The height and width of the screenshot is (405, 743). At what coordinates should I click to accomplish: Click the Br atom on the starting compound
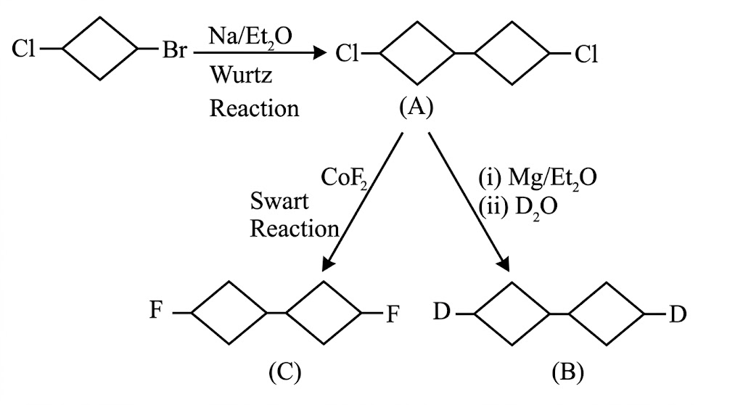tap(175, 50)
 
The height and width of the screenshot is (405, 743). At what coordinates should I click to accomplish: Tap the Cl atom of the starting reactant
tap(24, 49)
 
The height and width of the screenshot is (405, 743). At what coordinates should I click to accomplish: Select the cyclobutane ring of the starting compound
tap(100, 49)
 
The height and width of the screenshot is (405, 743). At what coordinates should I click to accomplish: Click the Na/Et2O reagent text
tap(250, 36)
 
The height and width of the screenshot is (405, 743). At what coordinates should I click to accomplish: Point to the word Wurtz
tap(241, 75)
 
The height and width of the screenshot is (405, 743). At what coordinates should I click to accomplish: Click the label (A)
tap(416, 107)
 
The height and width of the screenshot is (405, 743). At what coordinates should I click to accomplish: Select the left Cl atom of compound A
tap(348, 54)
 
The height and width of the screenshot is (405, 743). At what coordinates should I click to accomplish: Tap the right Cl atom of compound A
tap(586, 54)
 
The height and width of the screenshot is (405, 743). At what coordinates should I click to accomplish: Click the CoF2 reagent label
tap(345, 178)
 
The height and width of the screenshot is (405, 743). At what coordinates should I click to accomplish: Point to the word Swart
tap(279, 201)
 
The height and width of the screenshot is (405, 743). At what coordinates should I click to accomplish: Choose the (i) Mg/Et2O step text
tap(538, 179)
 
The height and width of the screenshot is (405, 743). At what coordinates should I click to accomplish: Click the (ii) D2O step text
tap(517, 207)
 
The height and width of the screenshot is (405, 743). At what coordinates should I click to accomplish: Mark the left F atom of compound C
tap(157, 310)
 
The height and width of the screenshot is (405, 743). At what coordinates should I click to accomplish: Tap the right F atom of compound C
tap(393, 314)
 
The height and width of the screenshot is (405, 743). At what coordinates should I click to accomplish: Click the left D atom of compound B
tap(442, 312)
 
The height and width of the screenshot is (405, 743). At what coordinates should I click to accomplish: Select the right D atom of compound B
tap(678, 314)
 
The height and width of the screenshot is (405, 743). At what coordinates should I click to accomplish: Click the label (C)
tap(284, 372)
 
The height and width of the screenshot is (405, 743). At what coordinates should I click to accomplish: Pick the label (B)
tap(567, 372)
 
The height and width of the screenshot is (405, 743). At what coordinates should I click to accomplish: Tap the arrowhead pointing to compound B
tap(504, 263)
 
